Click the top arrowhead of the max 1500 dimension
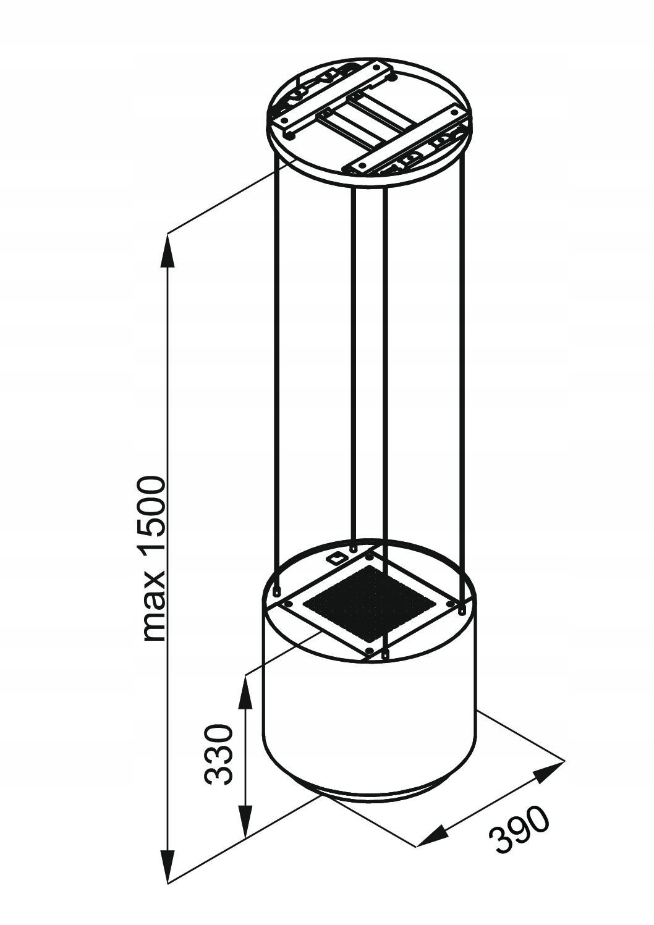pyautogui.click(x=168, y=250)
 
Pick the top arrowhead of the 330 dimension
pyautogui.click(x=246, y=691)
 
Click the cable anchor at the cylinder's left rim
pyautogui.click(x=276, y=591)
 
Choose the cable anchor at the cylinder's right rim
pyautogui.click(x=462, y=609)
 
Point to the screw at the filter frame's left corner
pyautogui.click(x=289, y=604)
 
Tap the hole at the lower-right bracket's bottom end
pyautogui.click(x=362, y=165)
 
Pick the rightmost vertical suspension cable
pyautogui.click(x=464, y=380)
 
